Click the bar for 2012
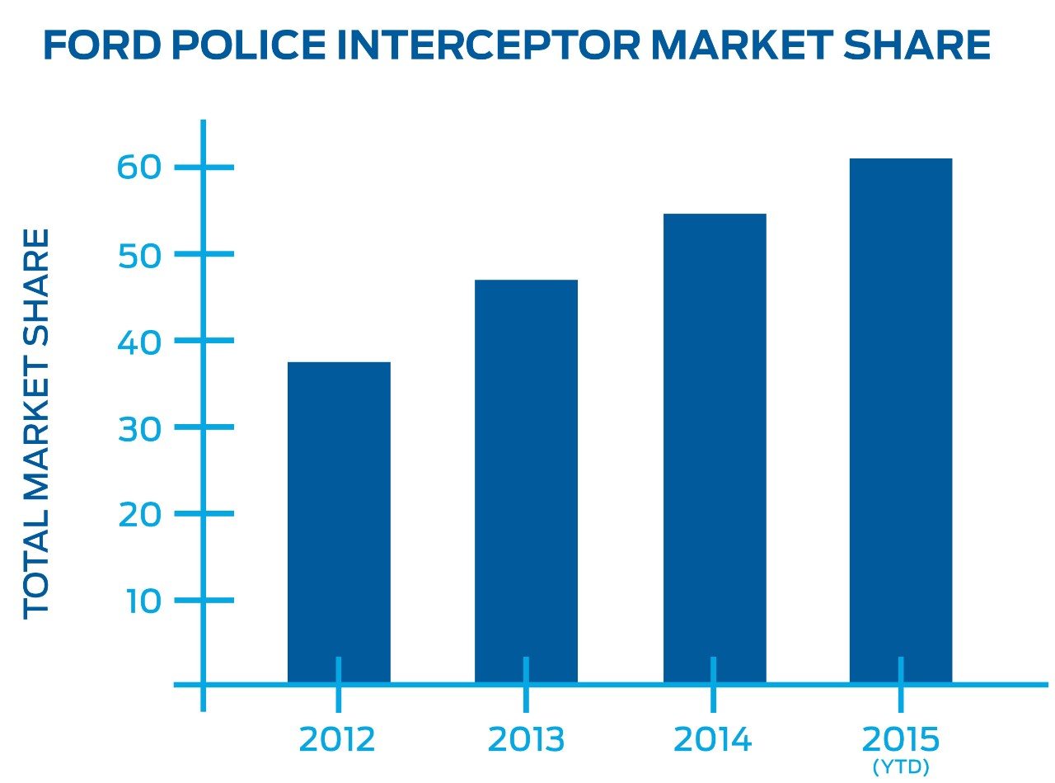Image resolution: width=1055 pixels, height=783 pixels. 339,520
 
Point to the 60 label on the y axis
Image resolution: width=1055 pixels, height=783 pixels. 137,168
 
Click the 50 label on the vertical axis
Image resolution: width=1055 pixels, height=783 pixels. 137,254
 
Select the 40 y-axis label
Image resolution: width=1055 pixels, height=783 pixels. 137,341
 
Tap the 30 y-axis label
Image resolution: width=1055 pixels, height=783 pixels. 137,427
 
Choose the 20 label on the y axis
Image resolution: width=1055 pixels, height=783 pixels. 137,514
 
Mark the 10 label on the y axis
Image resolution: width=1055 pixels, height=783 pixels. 142,600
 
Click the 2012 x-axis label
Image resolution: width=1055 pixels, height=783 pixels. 337,738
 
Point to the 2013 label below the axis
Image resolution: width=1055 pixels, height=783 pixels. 526,738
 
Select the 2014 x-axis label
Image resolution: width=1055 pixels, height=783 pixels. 713,738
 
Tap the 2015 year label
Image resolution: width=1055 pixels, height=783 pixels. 901,737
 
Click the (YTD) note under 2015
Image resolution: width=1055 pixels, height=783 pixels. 901,767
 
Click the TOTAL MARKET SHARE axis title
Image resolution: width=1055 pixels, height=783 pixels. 37,423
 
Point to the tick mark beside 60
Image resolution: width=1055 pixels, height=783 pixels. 204,168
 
